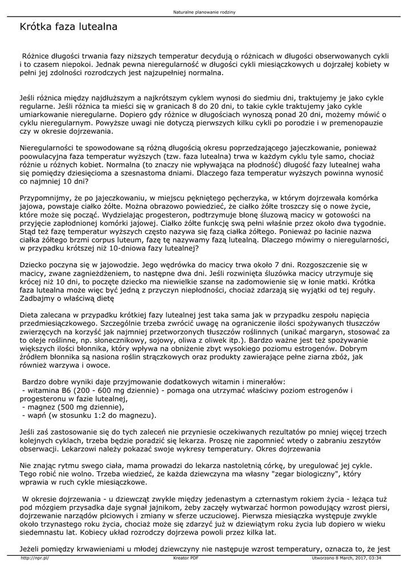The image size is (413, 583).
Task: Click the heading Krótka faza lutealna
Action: [x=68, y=26]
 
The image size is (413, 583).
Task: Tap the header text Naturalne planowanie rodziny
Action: [x=206, y=11]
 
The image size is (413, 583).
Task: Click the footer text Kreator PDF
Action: [x=186, y=558]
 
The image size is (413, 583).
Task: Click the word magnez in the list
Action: [x=36, y=407]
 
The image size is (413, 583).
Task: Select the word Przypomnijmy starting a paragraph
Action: [x=44, y=197]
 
